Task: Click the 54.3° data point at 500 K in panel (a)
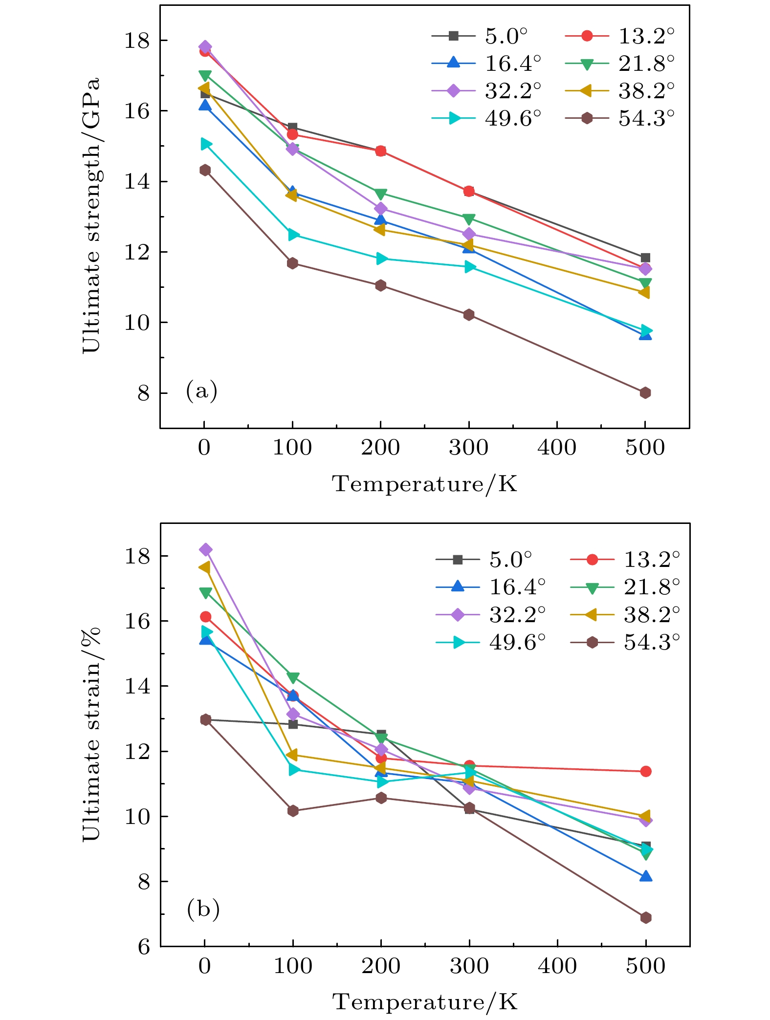[x=645, y=392]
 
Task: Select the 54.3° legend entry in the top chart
[x=619, y=118]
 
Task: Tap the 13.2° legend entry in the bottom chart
[x=625, y=560]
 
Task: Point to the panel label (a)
[x=201, y=391]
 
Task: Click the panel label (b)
[x=203, y=909]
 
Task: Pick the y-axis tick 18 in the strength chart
[x=137, y=40]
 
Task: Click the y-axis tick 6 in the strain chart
[x=144, y=947]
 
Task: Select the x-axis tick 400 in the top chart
[x=557, y=447]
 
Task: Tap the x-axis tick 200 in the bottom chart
[x=381, y=966]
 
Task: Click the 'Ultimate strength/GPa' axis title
[x=91, y=215]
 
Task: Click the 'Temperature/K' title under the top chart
[x=424, y=484]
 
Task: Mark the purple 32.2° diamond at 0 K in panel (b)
[x=205, y=549]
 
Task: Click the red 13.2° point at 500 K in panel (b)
[x=645, y=771]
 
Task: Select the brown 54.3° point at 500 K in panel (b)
[x=645, y=917]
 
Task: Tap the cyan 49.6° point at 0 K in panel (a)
[x=206, y=144]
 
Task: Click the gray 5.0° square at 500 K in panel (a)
[x=645, y=258]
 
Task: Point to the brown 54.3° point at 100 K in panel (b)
[x=293, y=811]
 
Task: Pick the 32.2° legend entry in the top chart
[x=486, y=91]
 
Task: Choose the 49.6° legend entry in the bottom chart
[x=491, y=642]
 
